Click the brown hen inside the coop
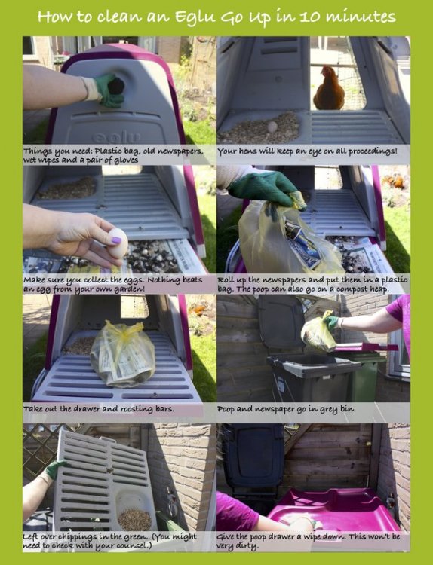click(x=329, y=90)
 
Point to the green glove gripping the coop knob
click(x=109, y=90)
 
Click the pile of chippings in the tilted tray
click(x=134, y=518)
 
